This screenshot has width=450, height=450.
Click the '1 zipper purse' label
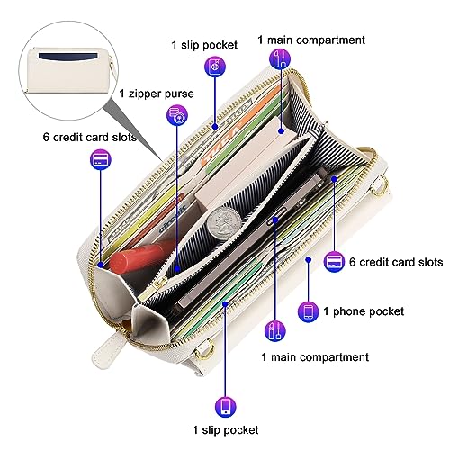click(x=157, y=94)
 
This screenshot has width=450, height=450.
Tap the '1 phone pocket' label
click(x=364, y=311)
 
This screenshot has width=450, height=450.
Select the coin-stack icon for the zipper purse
click(x=177, y=115)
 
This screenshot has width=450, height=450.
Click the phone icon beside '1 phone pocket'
click(x=309, y=312)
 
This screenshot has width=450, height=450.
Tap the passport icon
click(x=215, y=67)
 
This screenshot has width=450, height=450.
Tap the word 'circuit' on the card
click(x=173, y=218)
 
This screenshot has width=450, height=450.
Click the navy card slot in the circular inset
click(x=69, y=57)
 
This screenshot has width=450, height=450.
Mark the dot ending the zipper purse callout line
click(x=177, y=268)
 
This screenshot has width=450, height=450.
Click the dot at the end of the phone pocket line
click(x=309, y=259)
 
